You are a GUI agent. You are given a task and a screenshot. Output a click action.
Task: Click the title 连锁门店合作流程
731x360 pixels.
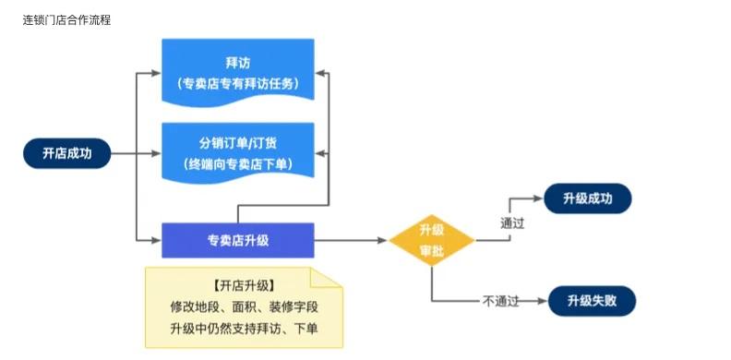pyautogui.click(x=66, y=19)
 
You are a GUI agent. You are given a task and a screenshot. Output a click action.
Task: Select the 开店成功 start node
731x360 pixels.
pyautogui.click(x=67, y=153)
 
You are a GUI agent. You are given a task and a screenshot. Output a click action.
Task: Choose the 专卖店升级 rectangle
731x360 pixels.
pyautogui.click(x=237, y=240)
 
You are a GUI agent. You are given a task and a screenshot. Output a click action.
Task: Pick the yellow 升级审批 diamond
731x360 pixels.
pyautogui.click(x=431, y=241)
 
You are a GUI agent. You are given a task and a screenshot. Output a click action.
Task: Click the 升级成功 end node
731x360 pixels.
pyautogui.click(x=587, y=198)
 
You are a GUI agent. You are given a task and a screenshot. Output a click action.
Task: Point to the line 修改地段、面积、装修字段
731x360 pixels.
pyautogui.click(x=243, y=306)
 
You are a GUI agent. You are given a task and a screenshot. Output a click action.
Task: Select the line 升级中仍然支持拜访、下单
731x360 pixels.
pyautogui.click(x=243, y=329)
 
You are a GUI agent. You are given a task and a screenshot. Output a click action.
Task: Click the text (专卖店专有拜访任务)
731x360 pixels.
pyautogui.click(x=237, y=84)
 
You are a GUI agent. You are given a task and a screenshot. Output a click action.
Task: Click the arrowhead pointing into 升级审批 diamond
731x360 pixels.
pyautogui.click(x=382, y=241)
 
